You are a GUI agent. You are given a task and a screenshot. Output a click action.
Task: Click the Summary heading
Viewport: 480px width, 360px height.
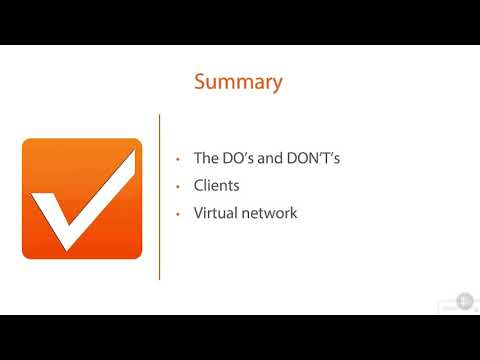(238, 82)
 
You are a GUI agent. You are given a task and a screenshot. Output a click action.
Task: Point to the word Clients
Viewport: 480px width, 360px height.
(218, 186)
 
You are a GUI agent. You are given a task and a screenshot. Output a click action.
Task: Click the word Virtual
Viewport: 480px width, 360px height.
(217, 213)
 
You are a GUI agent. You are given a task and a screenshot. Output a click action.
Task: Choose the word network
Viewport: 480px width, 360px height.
(271, 213)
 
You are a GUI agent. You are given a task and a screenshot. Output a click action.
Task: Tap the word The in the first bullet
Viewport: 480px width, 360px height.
(207, 158)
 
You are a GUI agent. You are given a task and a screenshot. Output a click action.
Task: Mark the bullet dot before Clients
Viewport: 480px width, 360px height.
(177, 187)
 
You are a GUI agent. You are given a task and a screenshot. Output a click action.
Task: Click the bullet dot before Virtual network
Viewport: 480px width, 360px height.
(177, 214)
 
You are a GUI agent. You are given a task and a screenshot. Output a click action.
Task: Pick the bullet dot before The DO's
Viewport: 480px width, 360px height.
(177, 159)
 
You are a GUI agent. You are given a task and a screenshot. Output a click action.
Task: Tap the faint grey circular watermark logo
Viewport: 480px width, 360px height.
(464, 299)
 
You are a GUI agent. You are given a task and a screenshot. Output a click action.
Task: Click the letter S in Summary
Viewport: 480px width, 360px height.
(200, 82)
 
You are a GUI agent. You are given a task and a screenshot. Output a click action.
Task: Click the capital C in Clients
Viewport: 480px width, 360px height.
(199, 186)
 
